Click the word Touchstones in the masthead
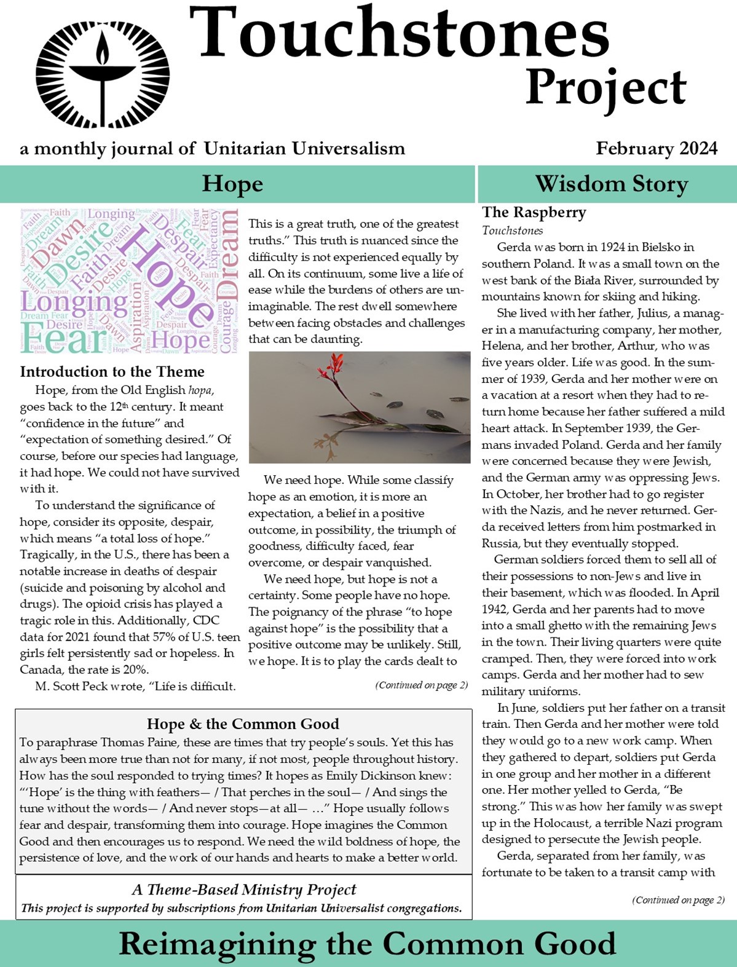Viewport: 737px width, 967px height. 398,32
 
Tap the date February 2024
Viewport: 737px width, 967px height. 656,149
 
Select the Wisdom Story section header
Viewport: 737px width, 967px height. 611,184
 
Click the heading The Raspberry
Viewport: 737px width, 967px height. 534,213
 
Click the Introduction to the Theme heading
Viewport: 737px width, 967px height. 112,372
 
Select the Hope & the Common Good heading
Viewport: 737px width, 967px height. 243,724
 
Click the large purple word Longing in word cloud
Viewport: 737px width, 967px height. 74,302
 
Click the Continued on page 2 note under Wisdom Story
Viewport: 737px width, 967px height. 677,900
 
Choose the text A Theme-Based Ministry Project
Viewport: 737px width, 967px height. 243,890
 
